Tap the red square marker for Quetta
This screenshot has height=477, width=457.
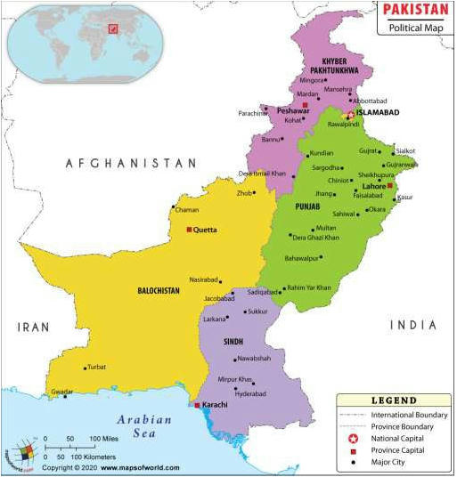[x=188, y=230]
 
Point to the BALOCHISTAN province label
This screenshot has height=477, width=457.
[x=159, y=290]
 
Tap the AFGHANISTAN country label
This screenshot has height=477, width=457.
[x=130, y=163]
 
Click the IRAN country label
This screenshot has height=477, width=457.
[x=33, y=327]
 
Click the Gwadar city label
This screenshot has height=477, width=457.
[x=61, y=391]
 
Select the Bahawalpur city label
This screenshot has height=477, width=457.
[x=302, y=258]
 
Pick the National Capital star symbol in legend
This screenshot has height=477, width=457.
[x=351, y=438]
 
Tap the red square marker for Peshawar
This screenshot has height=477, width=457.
[x=305, y=104]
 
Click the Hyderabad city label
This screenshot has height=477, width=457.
[x=249, y=393]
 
